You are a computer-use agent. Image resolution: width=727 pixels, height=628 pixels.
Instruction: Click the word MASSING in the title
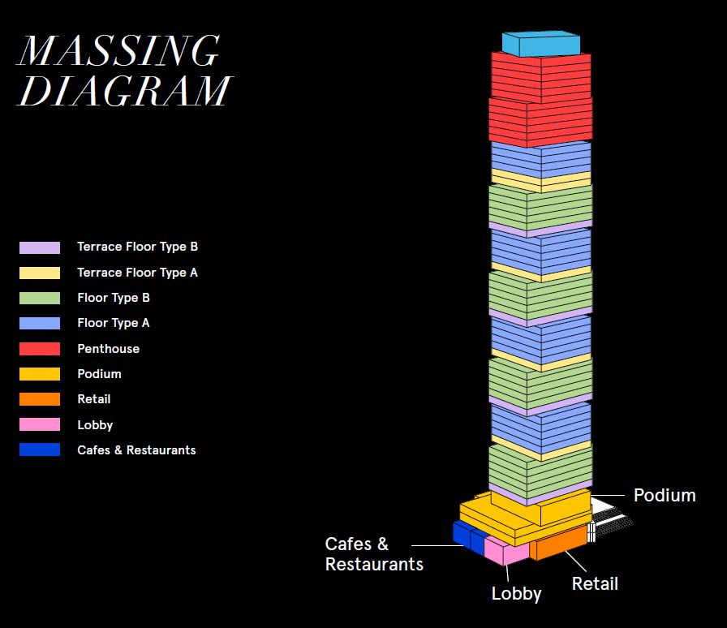coord(118,50)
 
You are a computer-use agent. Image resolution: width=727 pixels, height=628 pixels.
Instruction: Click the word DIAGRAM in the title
coord(124,90)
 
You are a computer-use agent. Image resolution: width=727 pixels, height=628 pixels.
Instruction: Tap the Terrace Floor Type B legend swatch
coord(40,247)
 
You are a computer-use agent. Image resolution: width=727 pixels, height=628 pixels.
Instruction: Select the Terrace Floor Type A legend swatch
coord(40,273)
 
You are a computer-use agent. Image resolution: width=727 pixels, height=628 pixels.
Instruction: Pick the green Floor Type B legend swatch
coord(40,298)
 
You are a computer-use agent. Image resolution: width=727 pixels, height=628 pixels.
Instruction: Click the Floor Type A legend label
coord(114,323)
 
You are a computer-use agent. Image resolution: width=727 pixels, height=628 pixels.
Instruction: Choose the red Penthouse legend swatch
coord(40,349)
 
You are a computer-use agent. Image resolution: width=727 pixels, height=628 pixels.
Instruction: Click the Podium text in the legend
coord(99,374)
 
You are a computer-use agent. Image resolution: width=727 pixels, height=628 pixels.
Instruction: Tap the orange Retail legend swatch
coord(40,399)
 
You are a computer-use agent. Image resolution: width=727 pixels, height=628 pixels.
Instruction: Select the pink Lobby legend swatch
coord(40,424)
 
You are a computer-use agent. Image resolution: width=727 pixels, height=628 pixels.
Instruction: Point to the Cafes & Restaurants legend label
coord(136,449)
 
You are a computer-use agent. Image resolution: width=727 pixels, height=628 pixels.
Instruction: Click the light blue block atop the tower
coord(541,44)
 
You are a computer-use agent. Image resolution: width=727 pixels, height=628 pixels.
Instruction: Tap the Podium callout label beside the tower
coord(665,496)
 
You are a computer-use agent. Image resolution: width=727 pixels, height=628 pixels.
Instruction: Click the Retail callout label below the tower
coord(595,583)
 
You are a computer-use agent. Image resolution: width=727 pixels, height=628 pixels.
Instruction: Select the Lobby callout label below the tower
coord(516,594)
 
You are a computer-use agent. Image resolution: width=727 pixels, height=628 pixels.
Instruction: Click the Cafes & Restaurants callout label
coord(374,554)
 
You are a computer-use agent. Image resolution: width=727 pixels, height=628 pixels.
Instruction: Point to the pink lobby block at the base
coord(506,551)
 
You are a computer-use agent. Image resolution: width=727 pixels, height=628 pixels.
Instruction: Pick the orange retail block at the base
coord(558,543)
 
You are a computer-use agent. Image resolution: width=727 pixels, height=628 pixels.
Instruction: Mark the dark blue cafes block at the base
coord(468,537)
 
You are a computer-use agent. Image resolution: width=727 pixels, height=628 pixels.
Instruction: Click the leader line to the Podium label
coord(608,496)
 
